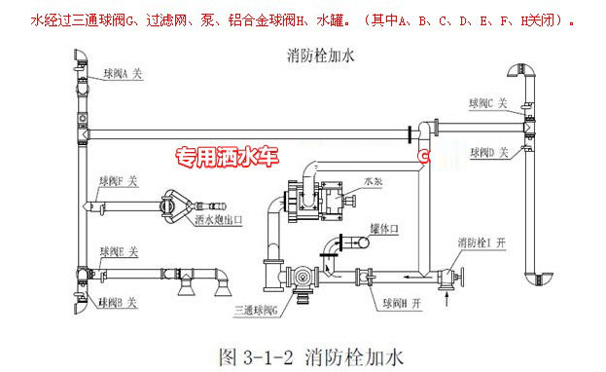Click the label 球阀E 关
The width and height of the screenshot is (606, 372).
[x=123, y=251]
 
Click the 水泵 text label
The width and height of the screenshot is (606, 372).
[x=373, y=179]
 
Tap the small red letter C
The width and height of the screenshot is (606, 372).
[x=423, y=154]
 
